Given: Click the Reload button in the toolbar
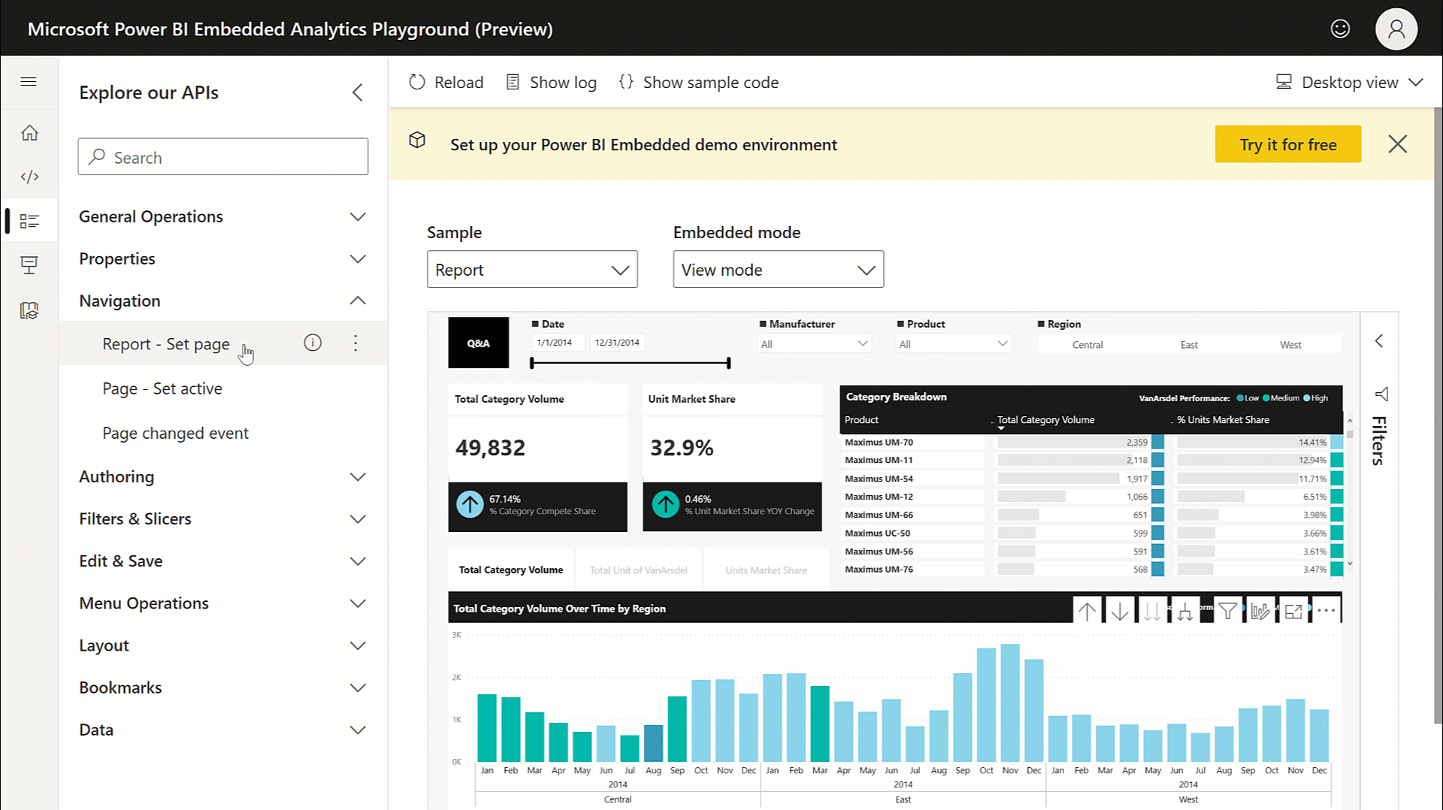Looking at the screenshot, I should click(446, 83).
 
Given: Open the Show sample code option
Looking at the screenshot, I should click(698, 83).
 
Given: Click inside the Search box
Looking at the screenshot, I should click(223, 157).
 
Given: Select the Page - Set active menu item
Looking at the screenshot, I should click(162, 388).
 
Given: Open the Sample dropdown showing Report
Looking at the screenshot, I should click(532, 270).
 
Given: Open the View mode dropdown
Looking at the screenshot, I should click(778, 270).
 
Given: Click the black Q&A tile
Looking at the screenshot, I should click(479, 343).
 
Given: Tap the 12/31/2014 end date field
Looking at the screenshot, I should click(617, 343).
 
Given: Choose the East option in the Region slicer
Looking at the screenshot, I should click(1189, 345).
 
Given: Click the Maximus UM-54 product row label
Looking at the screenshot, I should click(879, 479).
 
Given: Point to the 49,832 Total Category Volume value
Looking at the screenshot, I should click(490, 448).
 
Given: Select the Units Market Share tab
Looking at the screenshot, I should click(766, 570).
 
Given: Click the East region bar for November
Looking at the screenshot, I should click(1010, 703).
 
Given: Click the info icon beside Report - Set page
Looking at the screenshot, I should click(313, 343).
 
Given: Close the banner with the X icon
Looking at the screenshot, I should click(1397, 144).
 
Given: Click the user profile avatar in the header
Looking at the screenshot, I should click(1396, 29).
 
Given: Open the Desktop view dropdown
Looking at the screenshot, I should click(1349, 83).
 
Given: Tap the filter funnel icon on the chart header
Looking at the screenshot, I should click(1227, 611).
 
